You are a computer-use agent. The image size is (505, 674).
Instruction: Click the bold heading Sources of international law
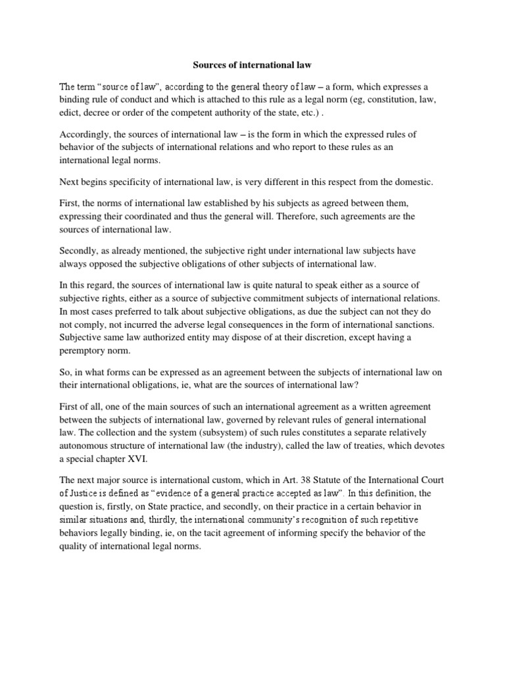click(x=252, y=65)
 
